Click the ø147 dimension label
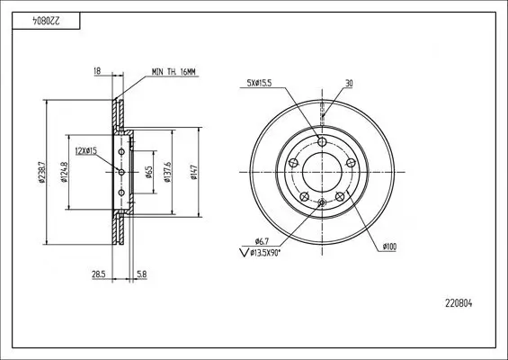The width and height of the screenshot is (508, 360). coord(195,168)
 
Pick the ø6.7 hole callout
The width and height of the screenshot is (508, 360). coord(262,240)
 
